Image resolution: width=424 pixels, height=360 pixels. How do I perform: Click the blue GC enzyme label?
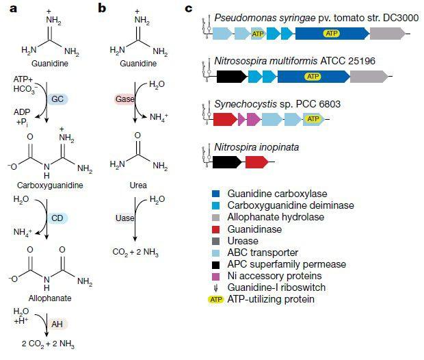[57, 99]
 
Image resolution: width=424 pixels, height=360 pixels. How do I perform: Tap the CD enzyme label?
[57, 219]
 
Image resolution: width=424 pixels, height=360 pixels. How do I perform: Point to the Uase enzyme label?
[124, 218]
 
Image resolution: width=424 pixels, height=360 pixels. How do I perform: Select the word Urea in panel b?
[137, 185]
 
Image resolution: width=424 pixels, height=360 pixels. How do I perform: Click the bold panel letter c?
[189, 9]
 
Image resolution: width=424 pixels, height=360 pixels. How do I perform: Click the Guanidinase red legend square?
[216, 229]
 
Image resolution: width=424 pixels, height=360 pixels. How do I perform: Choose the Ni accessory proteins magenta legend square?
[216, 275]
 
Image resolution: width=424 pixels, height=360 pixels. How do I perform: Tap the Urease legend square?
[216, 240]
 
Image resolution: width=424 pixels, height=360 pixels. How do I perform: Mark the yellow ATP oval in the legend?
[216, 298]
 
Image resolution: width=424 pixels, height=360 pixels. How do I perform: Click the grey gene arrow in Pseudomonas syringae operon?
[388, 33]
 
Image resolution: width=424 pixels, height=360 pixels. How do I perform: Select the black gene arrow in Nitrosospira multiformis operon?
[230, 77]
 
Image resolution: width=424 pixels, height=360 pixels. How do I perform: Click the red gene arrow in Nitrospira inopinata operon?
[256, 162]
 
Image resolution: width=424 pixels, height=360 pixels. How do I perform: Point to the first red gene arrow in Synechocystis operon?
[224, 120]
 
